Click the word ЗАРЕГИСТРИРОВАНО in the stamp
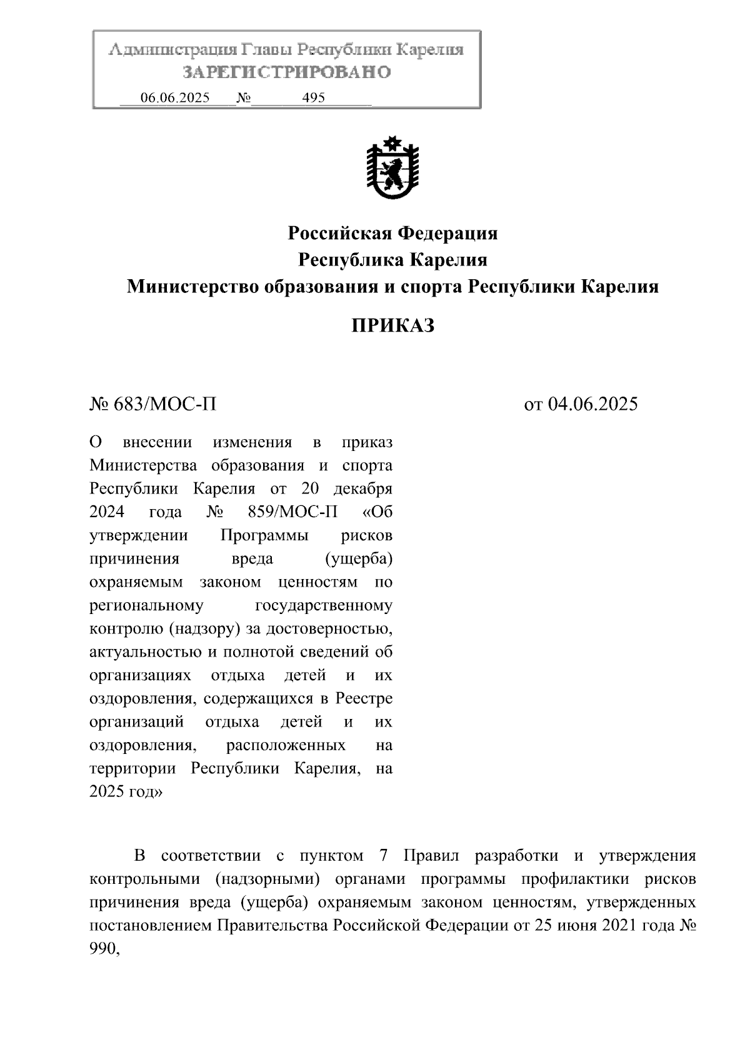click(286, 72)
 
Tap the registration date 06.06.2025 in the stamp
click(175, 98)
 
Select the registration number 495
click(313, 98)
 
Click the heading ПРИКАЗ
click(392, 325)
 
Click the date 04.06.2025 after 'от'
click(592, 404)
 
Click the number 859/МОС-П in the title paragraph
click(288, 512)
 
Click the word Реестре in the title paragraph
click(364, 698)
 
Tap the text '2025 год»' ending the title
click(126, 791)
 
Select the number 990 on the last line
click(103, 949)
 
